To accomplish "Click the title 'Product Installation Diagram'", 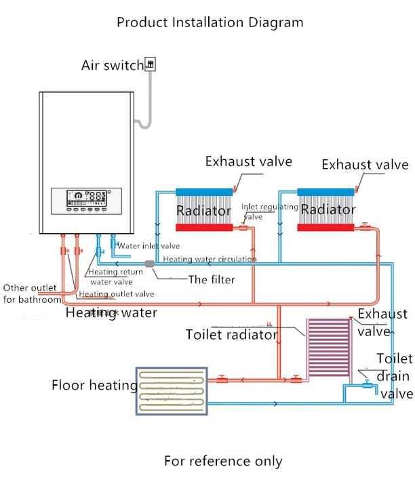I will [210, 22].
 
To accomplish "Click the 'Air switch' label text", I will [113, 66].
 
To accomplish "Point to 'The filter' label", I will [212, 279].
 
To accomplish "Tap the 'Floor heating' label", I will [94, 386].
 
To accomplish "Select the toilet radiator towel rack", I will [328, 349].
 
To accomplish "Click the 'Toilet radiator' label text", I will [231, 335].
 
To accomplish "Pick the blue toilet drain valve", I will [368, 385].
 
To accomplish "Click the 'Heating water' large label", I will [111, 312].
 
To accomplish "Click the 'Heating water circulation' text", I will [210, 259].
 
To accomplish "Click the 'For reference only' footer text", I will [223, 461].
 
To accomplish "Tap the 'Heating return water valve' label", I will [116, 277].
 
